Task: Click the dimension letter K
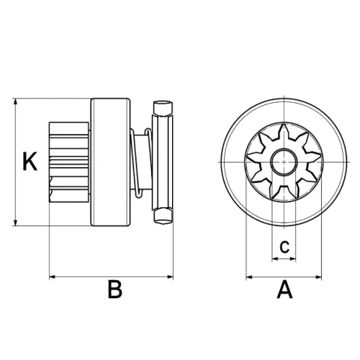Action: click(x=29, y=161)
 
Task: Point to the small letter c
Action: click(x=285, y=246)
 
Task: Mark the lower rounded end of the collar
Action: click(x=163, y=214)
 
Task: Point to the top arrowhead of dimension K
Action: click(x=15, y=101)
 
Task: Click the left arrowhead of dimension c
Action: click(x=273, y=257)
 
